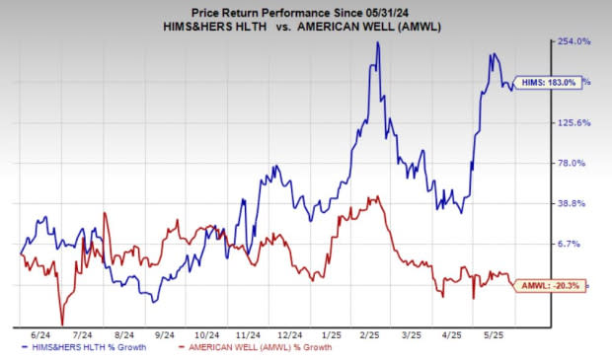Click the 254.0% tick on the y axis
(574, 41)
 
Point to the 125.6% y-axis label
(574, 122)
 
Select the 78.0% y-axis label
(576, 163)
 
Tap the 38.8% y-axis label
(576, 203)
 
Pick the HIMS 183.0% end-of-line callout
(549, 83)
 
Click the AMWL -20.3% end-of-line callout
(549, 285)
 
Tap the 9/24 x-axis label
(162, 335)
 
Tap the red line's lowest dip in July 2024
(62, 324)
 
